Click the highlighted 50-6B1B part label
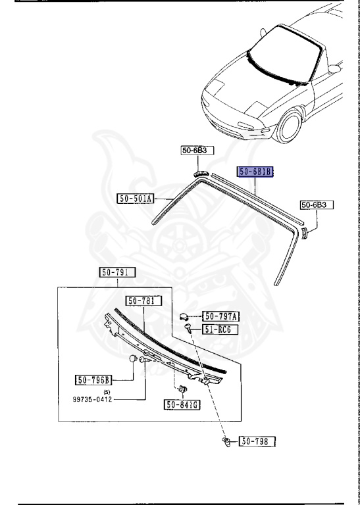coord(255,173)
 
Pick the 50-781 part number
coord(141,301)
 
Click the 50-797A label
coord(220,316)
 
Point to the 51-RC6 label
coord(220,329)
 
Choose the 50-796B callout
coord(94,379)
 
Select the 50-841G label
coord(182,404)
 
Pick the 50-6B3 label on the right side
coord(317,205)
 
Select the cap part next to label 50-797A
coord(186,316)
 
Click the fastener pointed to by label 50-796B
coord(133,358)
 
